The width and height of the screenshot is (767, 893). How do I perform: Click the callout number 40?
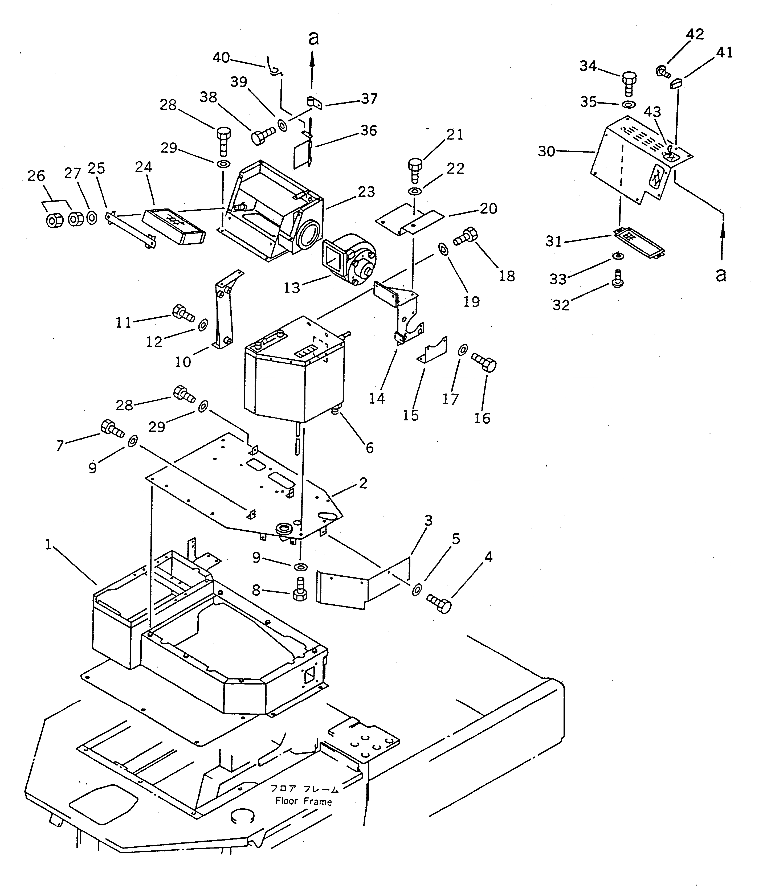pos(221,58)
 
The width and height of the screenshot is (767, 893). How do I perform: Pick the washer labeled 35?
pos(629,105)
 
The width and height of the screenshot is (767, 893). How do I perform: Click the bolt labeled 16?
pos(485,362)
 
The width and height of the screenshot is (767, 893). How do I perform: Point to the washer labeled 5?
pos(417,589)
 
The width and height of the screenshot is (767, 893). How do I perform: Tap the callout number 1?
pos(48,545)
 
